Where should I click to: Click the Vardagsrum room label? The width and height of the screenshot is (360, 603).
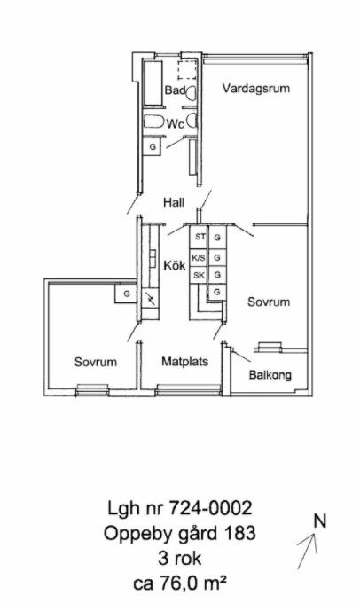click(x=255, y=89)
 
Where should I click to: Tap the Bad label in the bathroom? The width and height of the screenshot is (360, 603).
click(x=175, y=90)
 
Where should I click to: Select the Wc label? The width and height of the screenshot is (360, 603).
click(x=175, y=124)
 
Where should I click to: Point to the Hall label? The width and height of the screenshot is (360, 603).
click(x=174, y=202)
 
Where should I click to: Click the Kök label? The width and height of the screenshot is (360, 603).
click(x=175, y=265)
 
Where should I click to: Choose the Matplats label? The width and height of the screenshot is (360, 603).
click(x=185, y=362)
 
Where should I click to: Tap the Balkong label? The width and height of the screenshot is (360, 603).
click(x=270, y=375)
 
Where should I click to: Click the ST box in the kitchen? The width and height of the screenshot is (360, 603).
click(x=199, y=237)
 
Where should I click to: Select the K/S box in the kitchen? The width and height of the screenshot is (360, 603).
click(x=199, y=258)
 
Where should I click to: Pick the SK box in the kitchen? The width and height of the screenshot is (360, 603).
click(x=199, y=276)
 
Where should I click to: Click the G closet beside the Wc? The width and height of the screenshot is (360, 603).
click(x=153, y=147)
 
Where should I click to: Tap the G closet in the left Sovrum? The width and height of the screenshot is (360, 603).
click(x=126, y=294)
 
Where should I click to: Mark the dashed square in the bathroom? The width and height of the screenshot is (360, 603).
click(x=187, y=70)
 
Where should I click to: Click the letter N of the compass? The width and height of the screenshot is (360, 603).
click(x=319, y=521)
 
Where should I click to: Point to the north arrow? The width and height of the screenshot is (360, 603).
click(x=307, y=551)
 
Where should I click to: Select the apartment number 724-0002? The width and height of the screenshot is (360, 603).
click(x=210, y=508)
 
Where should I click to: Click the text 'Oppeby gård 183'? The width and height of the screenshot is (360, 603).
click(x=180, y=534)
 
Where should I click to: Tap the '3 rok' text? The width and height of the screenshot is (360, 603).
click(x=179, y=558)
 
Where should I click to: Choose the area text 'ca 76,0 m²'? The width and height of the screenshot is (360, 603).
click(x=179, y=583)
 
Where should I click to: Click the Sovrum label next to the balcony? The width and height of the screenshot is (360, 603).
click(x=269, y=301)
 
